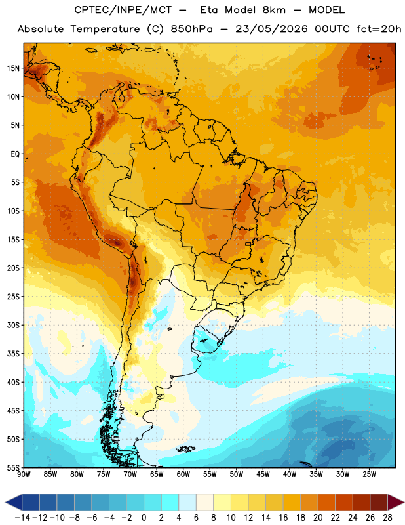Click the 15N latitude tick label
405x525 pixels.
(x=13, y=68)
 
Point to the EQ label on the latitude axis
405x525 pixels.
(x=15, y=154)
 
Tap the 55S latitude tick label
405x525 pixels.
(x=13, y=468)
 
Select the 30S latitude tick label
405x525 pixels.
(x=13, y=325)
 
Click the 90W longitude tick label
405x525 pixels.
(x=24, y=474)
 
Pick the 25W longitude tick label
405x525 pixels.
(x=369, y=474)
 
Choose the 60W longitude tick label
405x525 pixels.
(x=183, y=474)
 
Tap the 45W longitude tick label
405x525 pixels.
(x=263, y=474)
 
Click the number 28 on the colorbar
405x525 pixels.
(x=387, y=518)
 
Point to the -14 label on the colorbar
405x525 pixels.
(x=22, y=518)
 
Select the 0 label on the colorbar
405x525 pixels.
(x=144, y=518)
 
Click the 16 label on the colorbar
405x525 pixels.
(x=283, y=518)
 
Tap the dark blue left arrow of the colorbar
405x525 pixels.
(x=14, y=502)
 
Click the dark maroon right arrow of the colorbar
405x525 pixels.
(x=396, y=502)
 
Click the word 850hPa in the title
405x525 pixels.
(x=191, y=29)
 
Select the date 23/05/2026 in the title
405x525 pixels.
(x=271, y=29)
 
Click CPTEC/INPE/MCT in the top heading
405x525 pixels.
(x=123, y=10)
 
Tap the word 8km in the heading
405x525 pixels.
(x=274, y=10)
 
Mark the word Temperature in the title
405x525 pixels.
(x=105, y=29)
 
